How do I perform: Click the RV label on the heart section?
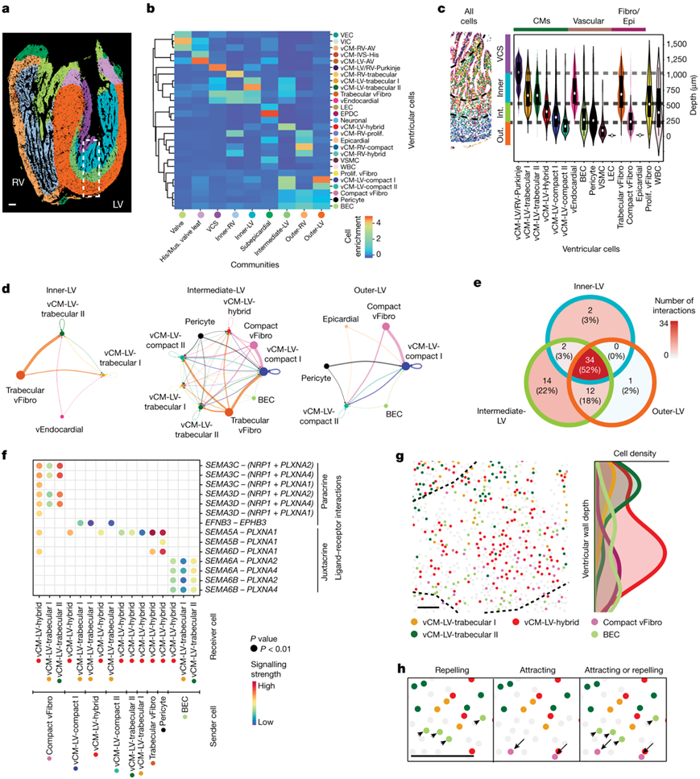(x=19, y=182)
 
